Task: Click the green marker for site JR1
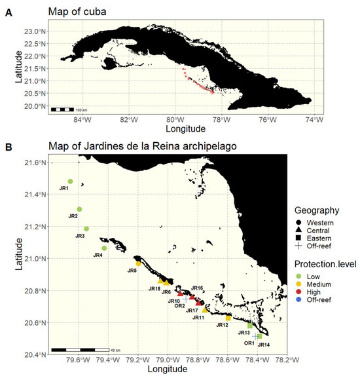pyautogui.click(x=70, y=181)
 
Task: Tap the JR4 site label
pyautogui.click(x=98, y=255)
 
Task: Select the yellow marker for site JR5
pyautogui.click(x=138, y=264)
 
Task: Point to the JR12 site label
pyautogui.click(x=221, y=325)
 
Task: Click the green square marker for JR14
pyautogui.click(x=259, y=336)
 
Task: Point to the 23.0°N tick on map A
pyautogui.click(x=33, y=31)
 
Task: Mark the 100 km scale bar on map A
pyautogui.click(x=69, y=109)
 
